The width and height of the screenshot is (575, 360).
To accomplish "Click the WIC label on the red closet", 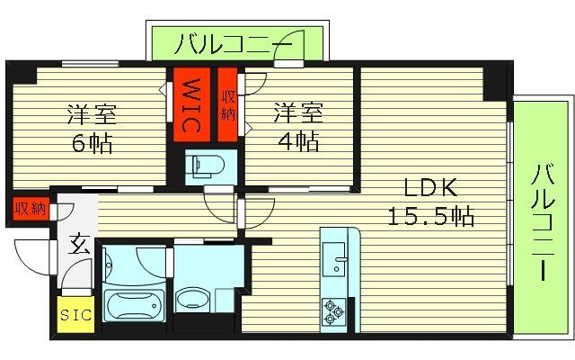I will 191,106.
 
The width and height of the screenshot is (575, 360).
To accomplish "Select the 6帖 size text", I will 93,144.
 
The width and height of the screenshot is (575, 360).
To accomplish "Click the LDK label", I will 430,188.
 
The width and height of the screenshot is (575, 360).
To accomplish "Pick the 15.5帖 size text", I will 430,216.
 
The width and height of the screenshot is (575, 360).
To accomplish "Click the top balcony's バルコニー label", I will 234,42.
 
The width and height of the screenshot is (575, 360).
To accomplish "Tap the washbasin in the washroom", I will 193,298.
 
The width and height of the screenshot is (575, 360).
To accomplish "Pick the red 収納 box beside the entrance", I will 30,209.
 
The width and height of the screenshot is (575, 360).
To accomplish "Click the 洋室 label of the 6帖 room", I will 93,115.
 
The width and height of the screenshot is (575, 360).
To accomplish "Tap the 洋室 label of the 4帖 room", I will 297,113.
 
